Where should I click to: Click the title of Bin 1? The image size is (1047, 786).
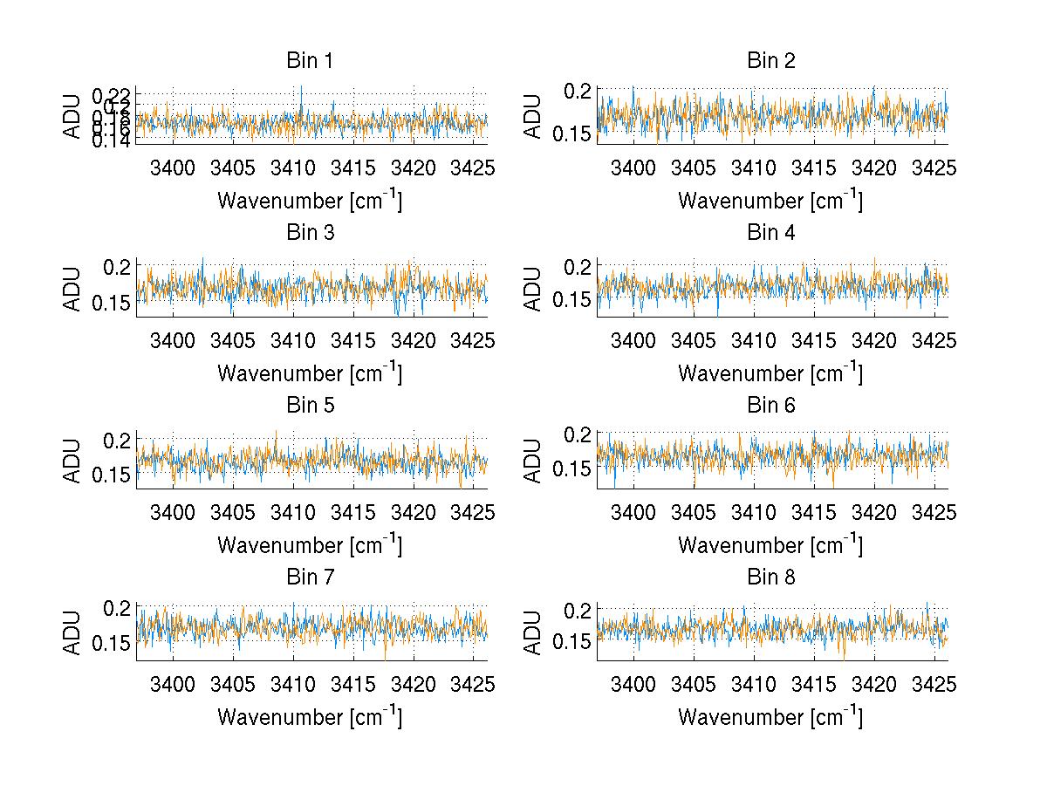point(309,61)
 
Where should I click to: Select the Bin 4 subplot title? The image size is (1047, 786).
point(770,233)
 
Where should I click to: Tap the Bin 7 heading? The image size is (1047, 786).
point(309,578)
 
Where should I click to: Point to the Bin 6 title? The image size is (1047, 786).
point(770,406)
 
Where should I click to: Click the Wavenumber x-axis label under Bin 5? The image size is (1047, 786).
point(309,544)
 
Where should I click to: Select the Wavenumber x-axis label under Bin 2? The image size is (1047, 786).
point(770,200)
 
